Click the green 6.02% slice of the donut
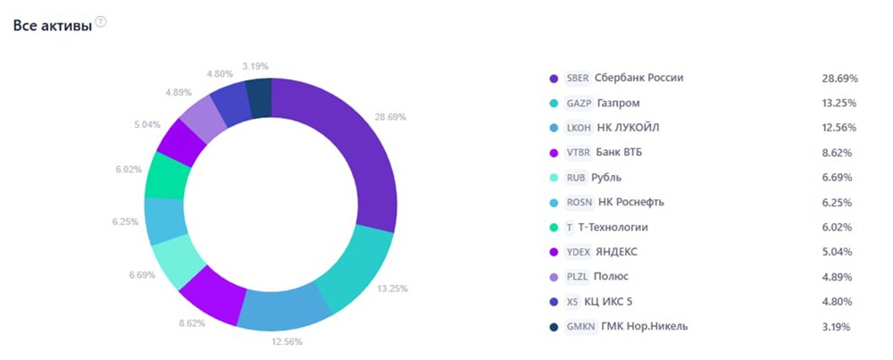pyautogui.click(x=167, y=175)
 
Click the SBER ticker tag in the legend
pyautogui.click(x=578, y=78)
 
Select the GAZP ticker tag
pyautogui.click(x=579, y=103)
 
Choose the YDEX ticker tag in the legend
pyautogui.click(x=579, y=252)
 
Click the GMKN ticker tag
pyautogui.click(x=580, y=326)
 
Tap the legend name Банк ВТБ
pyautogui.click(x=619, y=153)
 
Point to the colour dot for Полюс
pyautogui.click(x=554, y=277)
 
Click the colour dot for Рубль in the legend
pyautogui.click(x=554, y=177)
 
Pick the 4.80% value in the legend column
pyautogui.click(x=837, y=302)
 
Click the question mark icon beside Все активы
pyautogui.click(x=101, y=22)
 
